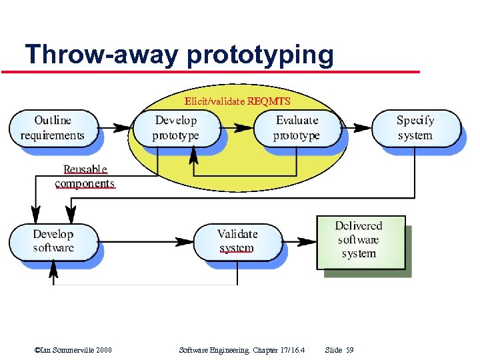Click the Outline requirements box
tap(53, 128)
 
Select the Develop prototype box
tap(176, 128)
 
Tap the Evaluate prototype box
tap(297, 128)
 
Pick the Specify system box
tap(415, 128)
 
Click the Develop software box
tap(53, 241)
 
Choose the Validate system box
tap(237, 241)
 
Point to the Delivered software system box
tap(359, 241)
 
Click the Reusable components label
tap(85, 177)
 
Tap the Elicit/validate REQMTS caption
tap(237, 101)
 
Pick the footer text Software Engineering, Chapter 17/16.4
tap(242, 350)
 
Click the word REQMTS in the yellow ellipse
tap(269, 101)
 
